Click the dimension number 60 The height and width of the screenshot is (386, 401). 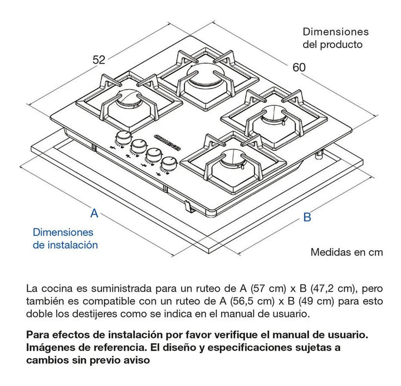tap(299, 67)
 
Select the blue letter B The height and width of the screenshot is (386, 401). tap(307, 217)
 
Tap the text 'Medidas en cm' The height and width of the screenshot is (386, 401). tap(346, 252)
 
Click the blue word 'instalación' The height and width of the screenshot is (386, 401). tap(73, 245)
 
